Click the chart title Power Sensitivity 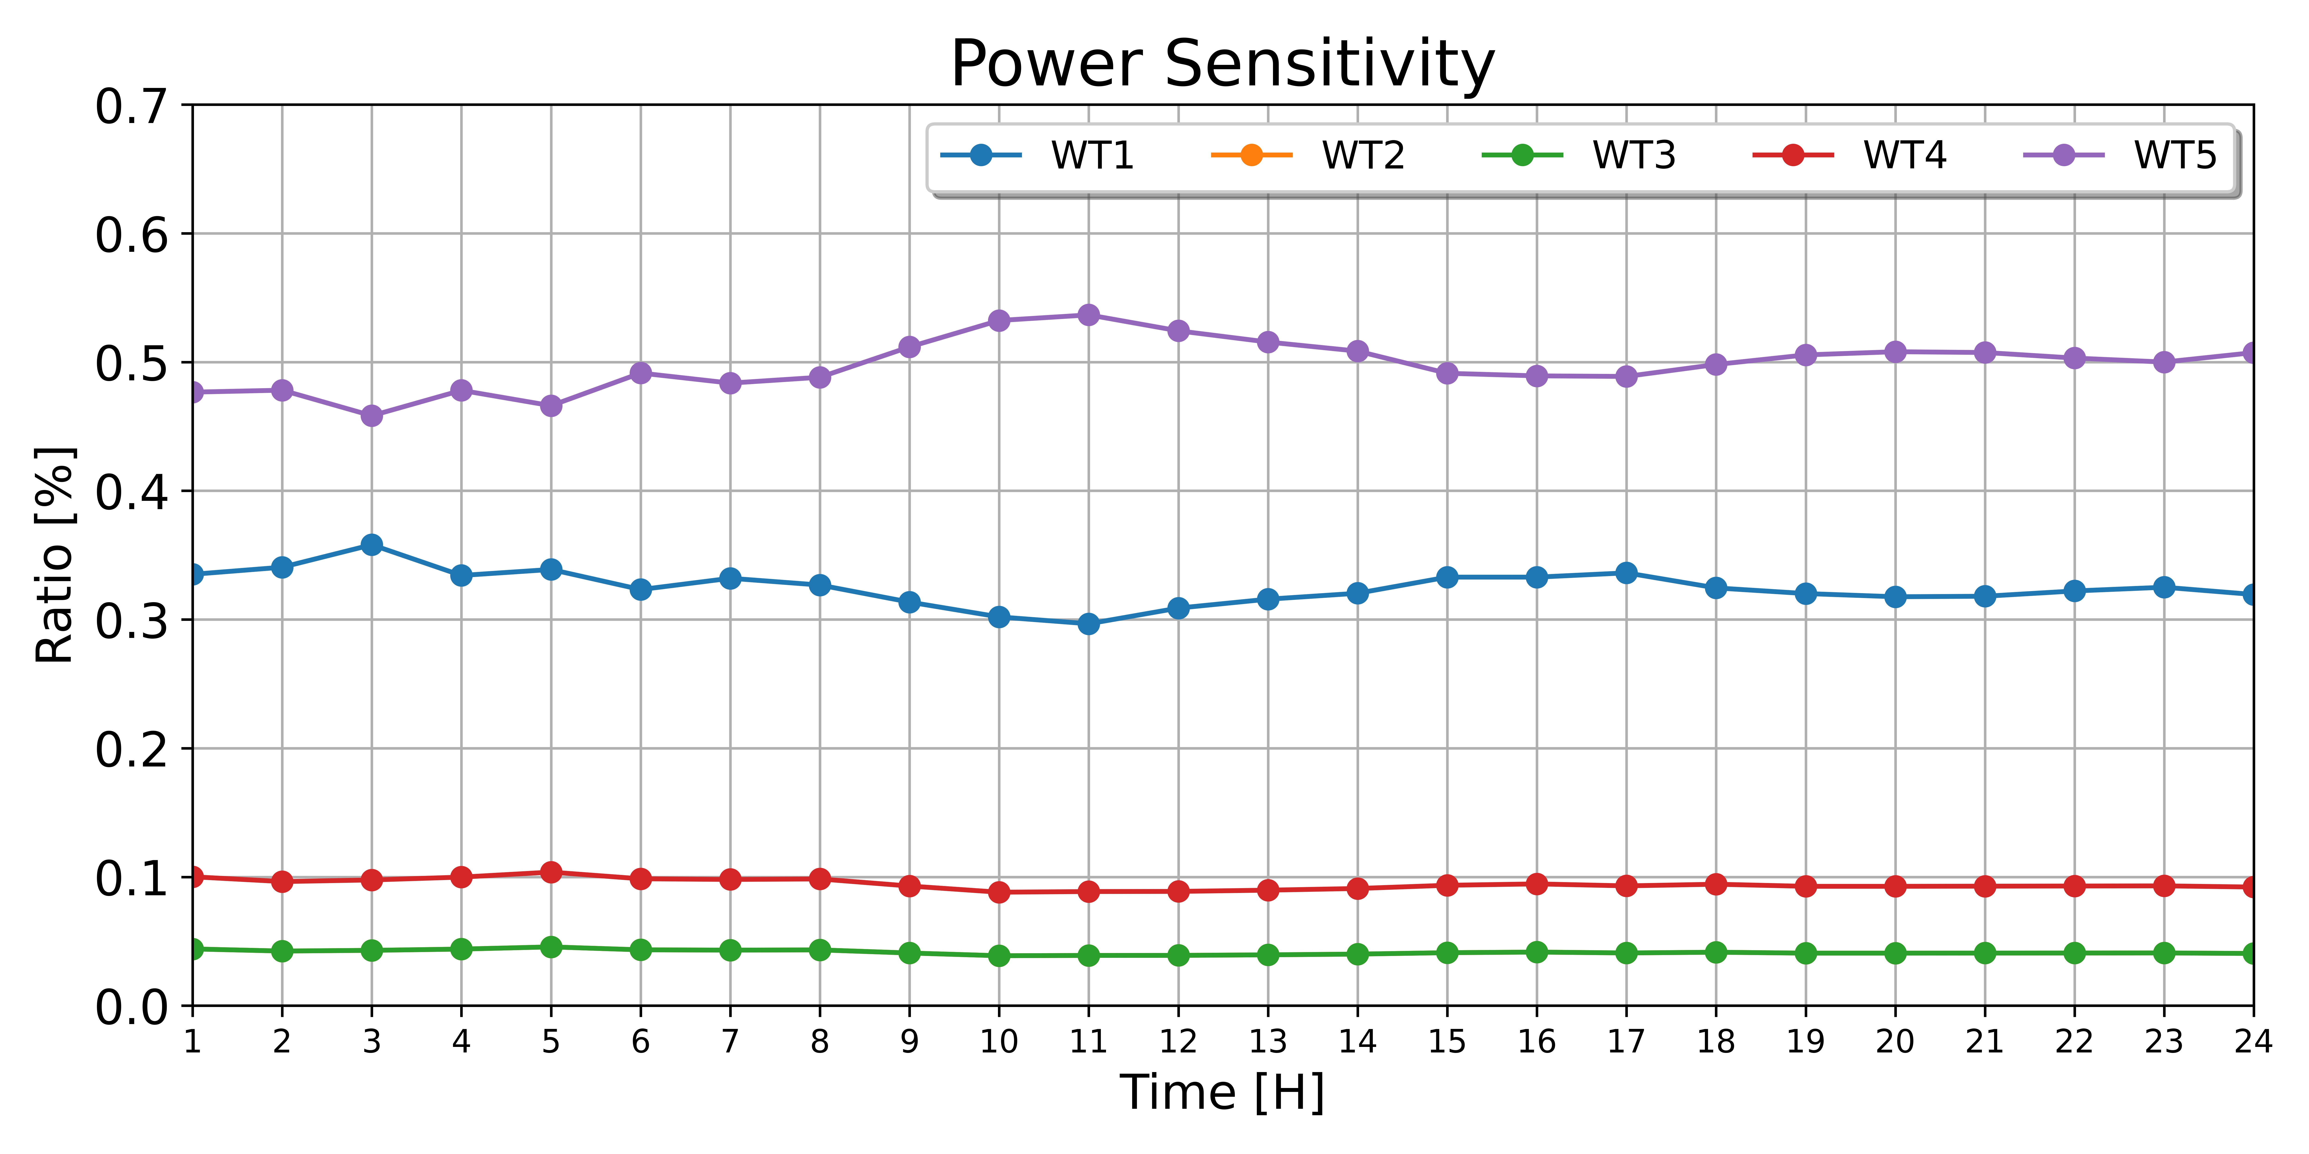[1223, 65]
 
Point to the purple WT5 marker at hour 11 [1088, 315]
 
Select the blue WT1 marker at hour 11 [1088, 624]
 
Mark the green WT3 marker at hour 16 [1536, 952]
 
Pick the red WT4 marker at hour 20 [1895, 886]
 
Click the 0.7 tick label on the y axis [132, 107]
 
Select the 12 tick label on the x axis [1178, 1042]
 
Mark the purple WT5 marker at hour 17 [1626, 376]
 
